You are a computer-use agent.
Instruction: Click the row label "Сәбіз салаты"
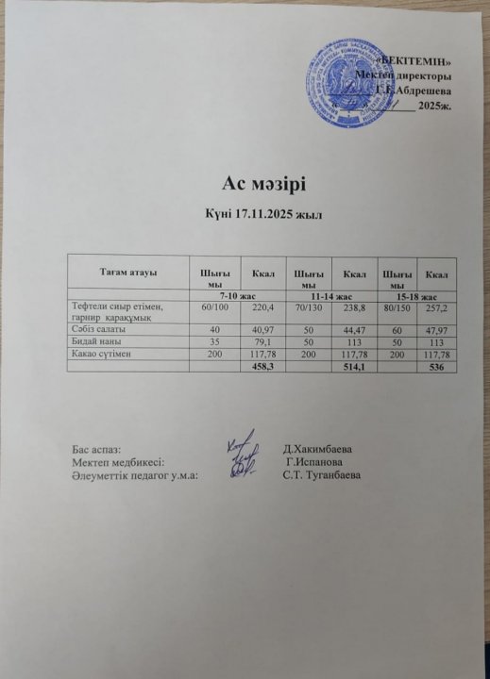click(x=99, y=328)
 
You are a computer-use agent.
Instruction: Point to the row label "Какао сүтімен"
click(x=103, y=355)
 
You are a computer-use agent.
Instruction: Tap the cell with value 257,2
click(x=437, y=307)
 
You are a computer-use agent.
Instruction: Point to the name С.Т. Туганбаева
click(x=324, y=475)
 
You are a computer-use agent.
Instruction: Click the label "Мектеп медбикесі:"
click(x=118, y=462)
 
